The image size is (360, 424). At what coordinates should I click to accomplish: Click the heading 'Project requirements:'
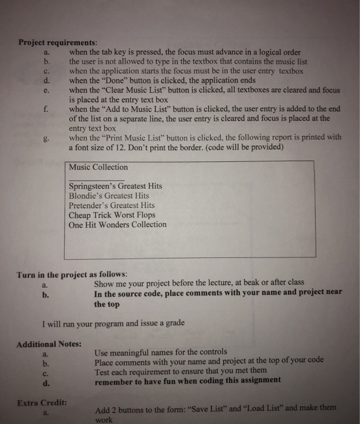click(x=56, y=42)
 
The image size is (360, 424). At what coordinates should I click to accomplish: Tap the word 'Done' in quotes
click(x=113, y=80)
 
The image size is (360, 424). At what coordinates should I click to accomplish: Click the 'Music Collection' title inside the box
click(x=98, y=167)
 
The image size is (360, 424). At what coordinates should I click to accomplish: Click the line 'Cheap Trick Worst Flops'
click(x=112, y=215)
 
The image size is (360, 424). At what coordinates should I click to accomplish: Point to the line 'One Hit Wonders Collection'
click(x=118, y=225)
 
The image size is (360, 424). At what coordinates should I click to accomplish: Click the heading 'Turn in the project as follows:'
click(x=71, y=274)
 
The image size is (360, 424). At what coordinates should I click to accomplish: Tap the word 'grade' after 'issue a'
click(x=173, y=323)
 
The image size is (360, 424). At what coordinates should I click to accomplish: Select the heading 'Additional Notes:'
click(x=48, y=344)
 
